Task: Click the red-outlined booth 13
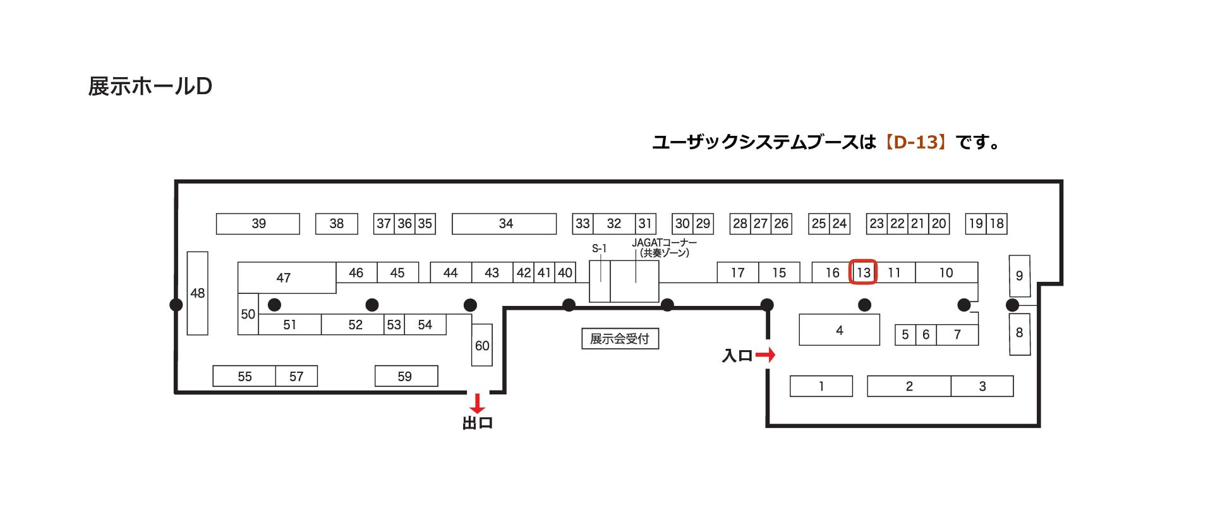pyautogui.click(x=863, y=272)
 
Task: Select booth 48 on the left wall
pyautogui.click(x=197, y=293)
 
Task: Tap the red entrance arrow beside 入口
pyautogui.click(x=765, y=355)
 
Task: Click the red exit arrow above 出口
pyautogui.click(x=477, y=403)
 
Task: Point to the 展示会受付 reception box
pyautogui.click(x=620, y=339)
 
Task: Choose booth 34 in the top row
pyautogui.click(x=504, y=224)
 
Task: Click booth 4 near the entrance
pyautogui.click(x=839, y=330)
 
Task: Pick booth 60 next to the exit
pyautogui.click(x=481, y=345)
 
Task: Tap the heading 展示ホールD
pyautogui.click(x=150, y=86)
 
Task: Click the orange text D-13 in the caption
pyautogui.click(x=915, y=142)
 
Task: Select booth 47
pyautogui.click(x=284, y=277)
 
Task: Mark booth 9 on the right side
pyautogui.click(x=1019, y=276)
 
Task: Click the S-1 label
pyautogui.click(x=599, y=248)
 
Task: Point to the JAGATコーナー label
pyautogui.click(x=664, y=243)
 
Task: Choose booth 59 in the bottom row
pyautogui.click(x=406, y=376)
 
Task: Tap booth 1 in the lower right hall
pyautogui.click(x=821, y=386)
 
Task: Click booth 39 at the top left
pyautogui.click(x=258, y=224)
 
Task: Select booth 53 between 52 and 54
pyautogui.click(x=394, y=325)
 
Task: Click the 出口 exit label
pyautogui.click(x=477, y=423)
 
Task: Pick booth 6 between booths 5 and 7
pyautogui.click(x=926, y=334)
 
